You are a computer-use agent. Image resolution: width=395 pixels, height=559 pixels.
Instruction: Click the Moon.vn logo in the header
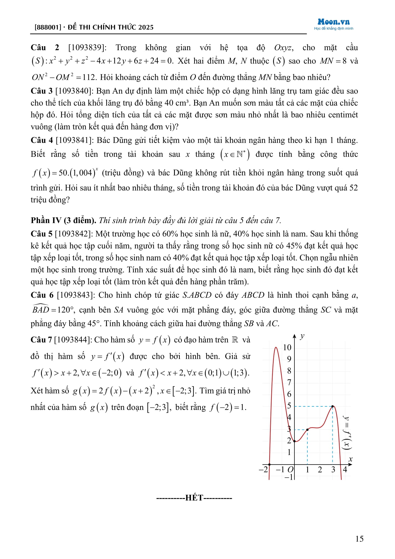click(x=333, y=22)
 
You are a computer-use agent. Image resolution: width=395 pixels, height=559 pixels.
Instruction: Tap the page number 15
click(x=359, y=539)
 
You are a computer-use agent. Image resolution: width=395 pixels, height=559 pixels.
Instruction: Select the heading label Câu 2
click(x=45, y=48)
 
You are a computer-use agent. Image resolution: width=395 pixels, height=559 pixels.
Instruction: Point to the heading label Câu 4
click(x=42, y=140)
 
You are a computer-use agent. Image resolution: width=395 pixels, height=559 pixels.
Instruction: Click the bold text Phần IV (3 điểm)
click(x=63, y=220)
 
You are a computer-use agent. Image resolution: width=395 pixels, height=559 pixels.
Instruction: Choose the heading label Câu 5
click(x=42, y=234)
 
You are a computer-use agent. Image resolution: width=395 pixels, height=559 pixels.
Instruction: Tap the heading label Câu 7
click(x=41, y=340)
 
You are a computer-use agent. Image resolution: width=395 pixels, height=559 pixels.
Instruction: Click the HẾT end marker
click(x=194, y=498)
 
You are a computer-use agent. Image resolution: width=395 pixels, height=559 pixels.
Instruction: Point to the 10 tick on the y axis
click(x=287, y=347)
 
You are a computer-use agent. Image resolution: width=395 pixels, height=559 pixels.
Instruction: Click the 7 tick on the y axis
click(x=289, y=382)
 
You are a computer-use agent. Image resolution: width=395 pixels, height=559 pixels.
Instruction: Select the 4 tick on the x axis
click(x=345, y=469)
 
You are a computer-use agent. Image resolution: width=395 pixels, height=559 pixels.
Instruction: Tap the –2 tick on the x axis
click(x=263, y=469)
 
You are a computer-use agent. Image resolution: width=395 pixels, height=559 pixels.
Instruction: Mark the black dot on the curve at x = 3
click(x=333, y=406)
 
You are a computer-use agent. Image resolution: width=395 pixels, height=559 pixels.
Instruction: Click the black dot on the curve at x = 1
click(x=307, y=430)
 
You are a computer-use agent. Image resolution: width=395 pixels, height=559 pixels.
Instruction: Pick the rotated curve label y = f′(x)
click(x=347, y=433)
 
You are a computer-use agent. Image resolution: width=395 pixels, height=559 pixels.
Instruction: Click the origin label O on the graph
click(x=291, y=469)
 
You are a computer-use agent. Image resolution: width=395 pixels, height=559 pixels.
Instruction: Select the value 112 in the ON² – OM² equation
click(x=89, y=77)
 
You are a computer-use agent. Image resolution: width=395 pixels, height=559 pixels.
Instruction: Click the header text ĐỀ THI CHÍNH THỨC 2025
click(x=111, y=27)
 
